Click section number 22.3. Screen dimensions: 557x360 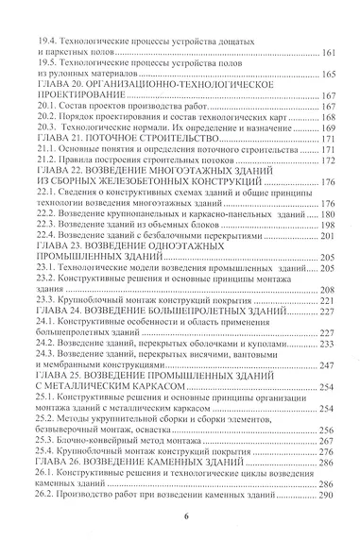pyautogui.click(x=41, y=226)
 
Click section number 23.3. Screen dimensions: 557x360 pyautogui.click(x=41, y=300)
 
